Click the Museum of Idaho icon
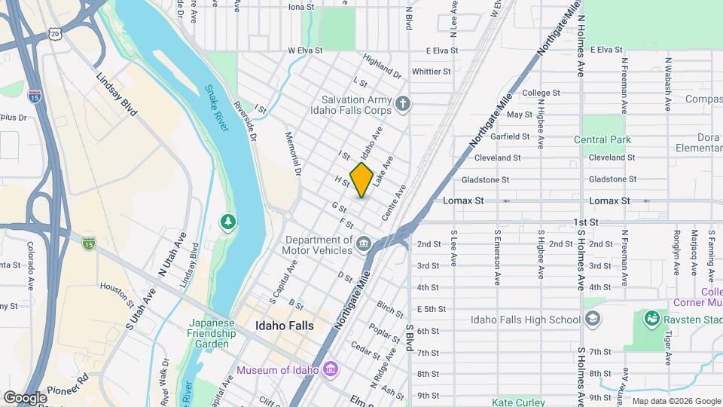330,369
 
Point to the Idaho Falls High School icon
593,320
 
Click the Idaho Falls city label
284,326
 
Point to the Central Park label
602,139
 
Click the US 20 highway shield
53,34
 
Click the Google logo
24,397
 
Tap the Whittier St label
432,72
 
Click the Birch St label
390,309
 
